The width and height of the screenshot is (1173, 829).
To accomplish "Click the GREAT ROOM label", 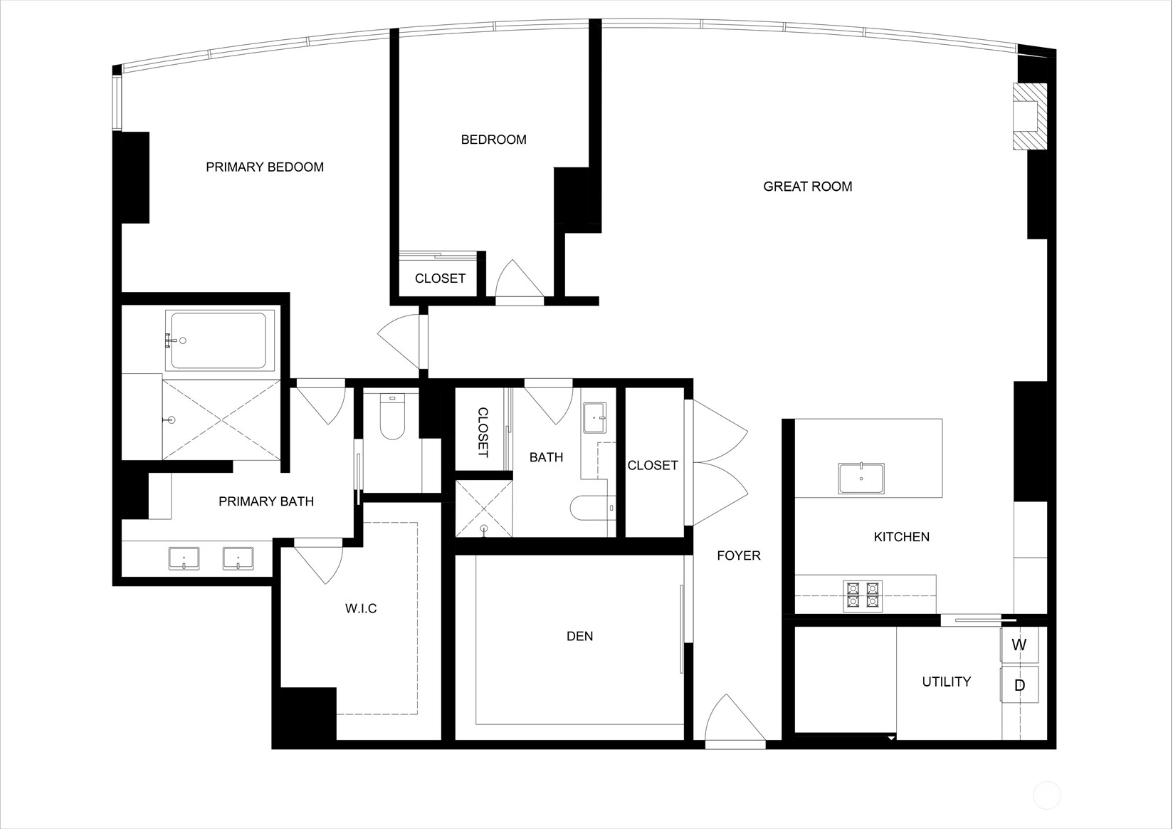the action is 807,187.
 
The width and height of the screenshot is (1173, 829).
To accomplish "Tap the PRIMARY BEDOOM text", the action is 265,167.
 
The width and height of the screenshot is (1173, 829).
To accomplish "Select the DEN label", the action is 579,636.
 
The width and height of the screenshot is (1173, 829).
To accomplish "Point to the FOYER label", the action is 738,556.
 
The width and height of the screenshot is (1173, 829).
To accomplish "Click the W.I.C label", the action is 361,608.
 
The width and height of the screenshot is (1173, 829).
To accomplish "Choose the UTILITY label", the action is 946,682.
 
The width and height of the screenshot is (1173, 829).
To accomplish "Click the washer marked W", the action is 1019,645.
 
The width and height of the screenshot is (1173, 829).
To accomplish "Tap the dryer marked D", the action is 1019,684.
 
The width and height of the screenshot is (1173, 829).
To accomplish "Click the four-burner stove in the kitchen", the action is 863,596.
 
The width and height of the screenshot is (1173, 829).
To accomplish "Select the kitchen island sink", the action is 861,479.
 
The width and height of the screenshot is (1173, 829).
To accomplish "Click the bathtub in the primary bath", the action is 220,340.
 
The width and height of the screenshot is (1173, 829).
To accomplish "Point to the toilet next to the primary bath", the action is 392,417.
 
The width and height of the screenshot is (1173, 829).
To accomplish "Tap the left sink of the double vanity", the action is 184,558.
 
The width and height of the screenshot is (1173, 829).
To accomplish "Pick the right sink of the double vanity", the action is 238,558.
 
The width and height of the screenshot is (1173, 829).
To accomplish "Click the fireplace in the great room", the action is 1029,116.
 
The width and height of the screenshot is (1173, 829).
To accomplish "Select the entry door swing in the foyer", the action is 733,719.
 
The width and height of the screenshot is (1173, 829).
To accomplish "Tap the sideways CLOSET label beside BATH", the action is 483,432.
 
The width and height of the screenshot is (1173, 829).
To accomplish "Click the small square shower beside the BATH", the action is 484,509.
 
